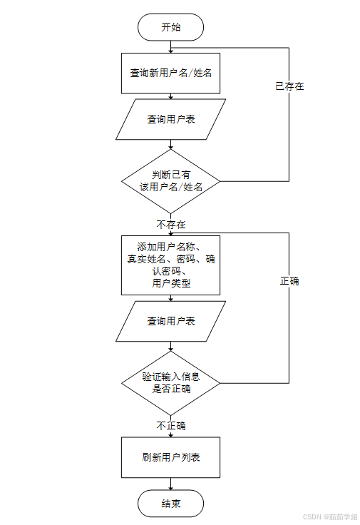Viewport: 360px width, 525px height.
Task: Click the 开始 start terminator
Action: [171, 27]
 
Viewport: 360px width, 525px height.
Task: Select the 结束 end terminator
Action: [171, 504]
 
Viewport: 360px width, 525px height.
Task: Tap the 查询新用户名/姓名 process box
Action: [171, 73]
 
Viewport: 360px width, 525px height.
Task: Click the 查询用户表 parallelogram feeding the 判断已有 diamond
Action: [171, 119]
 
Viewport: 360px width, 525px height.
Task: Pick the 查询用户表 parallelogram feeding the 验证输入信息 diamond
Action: [171, 321]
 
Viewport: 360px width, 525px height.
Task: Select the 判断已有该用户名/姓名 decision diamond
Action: [171, 181]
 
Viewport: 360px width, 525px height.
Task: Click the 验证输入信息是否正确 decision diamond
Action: [171, 383]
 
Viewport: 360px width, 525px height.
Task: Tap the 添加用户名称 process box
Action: [171, 265]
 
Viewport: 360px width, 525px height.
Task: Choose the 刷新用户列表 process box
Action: [171, 457]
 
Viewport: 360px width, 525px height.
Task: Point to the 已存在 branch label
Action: [289, 86]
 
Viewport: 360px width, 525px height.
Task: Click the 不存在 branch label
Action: [171, 224]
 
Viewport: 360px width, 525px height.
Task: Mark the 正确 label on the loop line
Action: [289, 281]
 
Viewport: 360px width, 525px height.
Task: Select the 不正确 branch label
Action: [171, 426]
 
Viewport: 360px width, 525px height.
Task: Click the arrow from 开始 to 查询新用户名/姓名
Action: [171, 46]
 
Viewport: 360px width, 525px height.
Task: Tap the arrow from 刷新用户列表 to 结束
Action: [171, 484]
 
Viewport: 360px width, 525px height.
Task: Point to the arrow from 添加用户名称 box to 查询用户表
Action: [171, 297]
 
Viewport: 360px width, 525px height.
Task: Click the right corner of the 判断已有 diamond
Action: [220, 181]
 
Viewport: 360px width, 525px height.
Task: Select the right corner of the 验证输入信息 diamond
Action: [220, 383]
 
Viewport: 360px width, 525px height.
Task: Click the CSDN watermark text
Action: [329, 517]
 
